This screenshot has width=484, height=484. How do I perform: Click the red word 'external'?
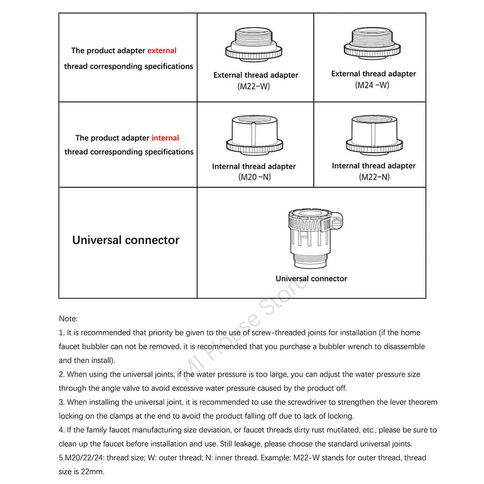point(162,50)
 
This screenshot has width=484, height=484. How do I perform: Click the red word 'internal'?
point(165,138)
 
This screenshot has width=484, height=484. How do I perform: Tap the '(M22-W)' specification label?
point(254,86)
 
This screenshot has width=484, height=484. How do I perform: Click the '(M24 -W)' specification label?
point(372,85)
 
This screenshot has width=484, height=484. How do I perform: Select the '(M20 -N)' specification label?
point(254,177)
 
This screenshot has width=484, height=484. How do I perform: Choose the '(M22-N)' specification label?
point(374,177)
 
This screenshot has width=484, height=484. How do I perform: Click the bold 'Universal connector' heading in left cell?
point(126,240)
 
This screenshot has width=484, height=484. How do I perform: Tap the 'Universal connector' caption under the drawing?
point(311,279)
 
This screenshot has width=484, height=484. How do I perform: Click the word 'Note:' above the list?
point(68,318)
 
